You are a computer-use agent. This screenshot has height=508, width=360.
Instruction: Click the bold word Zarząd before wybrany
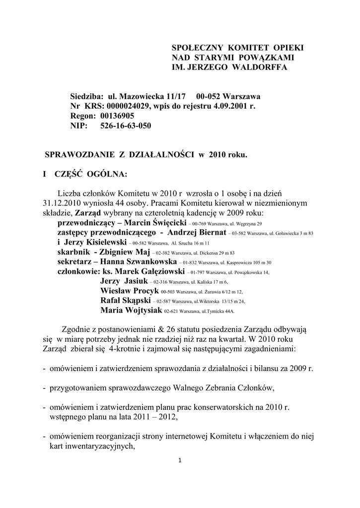click(87, 213)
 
